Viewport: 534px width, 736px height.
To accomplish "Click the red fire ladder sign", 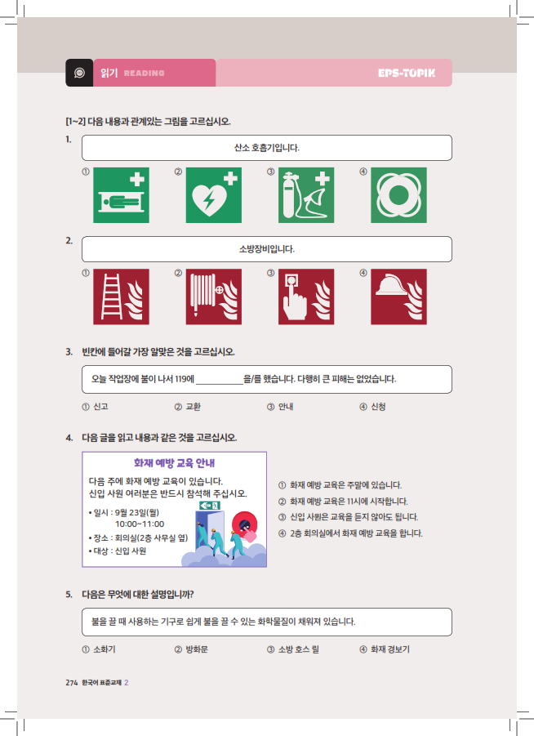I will (121, 297).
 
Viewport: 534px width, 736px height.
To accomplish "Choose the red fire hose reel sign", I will (214, 297).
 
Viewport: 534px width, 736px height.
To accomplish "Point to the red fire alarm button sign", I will (306, 297).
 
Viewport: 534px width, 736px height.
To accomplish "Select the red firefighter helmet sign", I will (398, 297).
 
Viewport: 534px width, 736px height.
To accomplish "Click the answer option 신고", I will (101, 407).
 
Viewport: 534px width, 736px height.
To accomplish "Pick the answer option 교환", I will (194, 407).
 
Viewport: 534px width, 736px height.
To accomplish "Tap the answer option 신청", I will (378, 407).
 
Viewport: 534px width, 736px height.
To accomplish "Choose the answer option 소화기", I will (104, 649).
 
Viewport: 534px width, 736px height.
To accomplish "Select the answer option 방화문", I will (196, 649).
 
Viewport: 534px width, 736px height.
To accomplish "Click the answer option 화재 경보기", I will (389, 649).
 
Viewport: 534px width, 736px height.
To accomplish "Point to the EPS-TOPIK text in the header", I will (406, 73).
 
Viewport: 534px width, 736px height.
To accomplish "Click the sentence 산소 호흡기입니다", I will (267, 148).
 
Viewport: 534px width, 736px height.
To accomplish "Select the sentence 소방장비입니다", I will (267, 249).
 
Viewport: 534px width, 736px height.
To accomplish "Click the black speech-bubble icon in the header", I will (78, 73).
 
